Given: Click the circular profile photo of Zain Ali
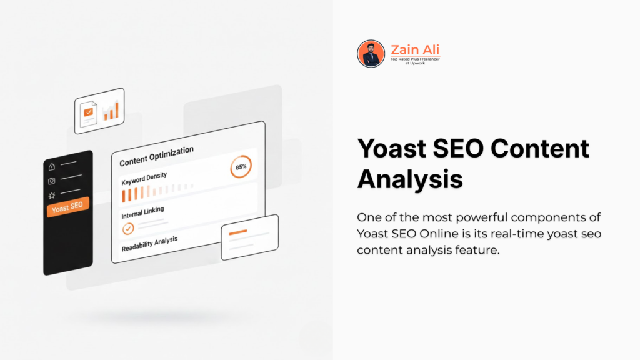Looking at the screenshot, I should coord(371,54).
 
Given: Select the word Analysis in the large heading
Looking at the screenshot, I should coord(409,179).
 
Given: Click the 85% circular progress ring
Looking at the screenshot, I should coord(241,167).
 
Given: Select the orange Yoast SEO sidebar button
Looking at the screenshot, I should coord(68,207).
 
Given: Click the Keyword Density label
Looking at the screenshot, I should coord(144,177).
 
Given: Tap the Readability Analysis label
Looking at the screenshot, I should coord(149,242).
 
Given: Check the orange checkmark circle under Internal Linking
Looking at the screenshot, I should coord(127,228).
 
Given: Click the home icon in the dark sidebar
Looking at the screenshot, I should coord(52,167).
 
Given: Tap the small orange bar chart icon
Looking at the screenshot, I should coord(111,110).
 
